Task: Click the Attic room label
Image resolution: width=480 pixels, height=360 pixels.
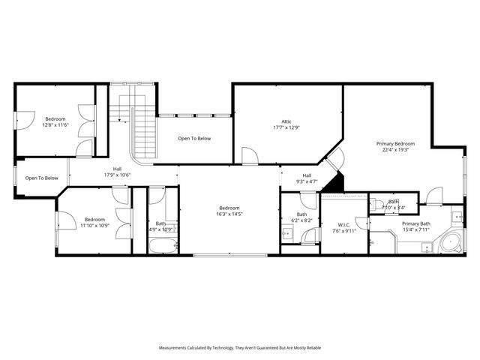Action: [x=286, y=121]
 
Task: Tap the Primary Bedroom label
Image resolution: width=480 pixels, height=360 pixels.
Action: [x=394, y=143]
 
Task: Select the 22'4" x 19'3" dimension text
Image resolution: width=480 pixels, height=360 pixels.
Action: [x=394, y=149]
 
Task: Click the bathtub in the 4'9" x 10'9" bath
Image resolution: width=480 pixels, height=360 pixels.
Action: [x=162, y=245]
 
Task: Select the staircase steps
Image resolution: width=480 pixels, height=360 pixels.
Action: [x=143, y=131]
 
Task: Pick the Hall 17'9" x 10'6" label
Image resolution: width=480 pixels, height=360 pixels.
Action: [x=118, y=172]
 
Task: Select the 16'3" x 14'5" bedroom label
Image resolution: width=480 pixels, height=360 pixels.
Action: [x=229, y=211]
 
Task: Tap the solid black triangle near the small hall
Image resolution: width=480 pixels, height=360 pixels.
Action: [x=337, y=182]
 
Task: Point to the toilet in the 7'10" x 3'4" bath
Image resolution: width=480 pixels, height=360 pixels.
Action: [x=378, y=203]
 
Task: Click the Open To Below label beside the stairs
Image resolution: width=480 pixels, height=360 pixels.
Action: [x=194, y=138]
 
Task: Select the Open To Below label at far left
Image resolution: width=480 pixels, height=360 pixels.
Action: [x=41, y=178]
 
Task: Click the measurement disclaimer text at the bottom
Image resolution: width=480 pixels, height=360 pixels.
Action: [x=239, y=348]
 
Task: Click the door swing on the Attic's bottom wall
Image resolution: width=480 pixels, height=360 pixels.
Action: [x=250, y=156]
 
